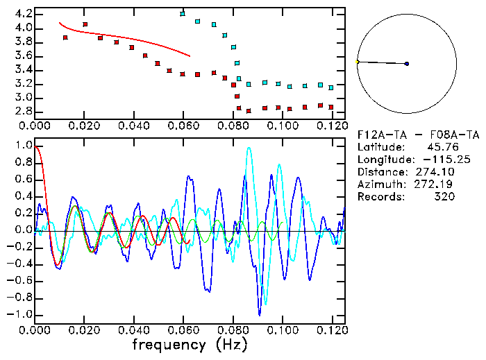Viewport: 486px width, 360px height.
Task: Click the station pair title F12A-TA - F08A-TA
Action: (x=417, y=135)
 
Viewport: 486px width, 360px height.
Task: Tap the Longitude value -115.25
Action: (x=436, y=160)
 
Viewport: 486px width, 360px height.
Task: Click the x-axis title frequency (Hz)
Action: (x=190, y=344)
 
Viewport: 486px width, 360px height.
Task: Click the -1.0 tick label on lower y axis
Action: (x=21, y=314)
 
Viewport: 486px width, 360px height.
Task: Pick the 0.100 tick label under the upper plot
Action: (x=281, y=126)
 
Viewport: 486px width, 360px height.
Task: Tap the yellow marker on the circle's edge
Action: (x=357, y=62)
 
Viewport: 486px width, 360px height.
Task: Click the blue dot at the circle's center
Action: (x=407, y=64)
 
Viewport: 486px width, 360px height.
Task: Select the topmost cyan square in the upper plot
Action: (x=183, y=14)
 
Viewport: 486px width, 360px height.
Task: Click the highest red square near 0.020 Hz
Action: (x=85, y=24)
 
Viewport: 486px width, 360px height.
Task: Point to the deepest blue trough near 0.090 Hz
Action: (x=260, y=314)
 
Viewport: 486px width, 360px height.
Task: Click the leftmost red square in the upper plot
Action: (x=65, y=37)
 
